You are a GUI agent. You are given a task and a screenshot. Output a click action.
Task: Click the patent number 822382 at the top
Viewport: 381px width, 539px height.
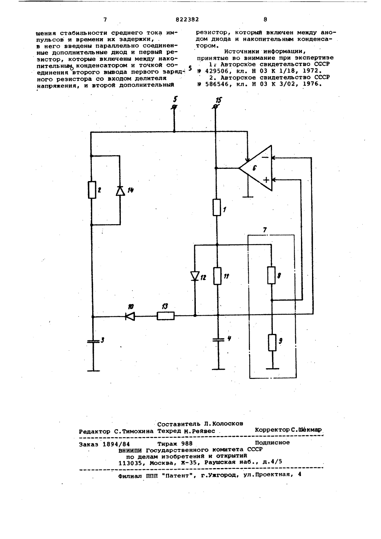point(187,19)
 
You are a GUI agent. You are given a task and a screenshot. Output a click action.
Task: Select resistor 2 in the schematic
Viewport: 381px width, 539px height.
point(92,189)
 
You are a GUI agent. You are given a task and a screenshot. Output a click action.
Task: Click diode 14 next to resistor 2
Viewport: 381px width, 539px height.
point(120,190)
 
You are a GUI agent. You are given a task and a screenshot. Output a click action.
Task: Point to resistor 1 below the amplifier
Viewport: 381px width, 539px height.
point(217,207)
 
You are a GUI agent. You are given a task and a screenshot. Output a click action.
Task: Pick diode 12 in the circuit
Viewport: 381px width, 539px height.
point(195,276)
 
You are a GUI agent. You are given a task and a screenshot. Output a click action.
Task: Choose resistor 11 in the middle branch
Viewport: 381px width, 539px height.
point(217,276)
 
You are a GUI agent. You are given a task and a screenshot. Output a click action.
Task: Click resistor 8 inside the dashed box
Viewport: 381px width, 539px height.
point(272,275)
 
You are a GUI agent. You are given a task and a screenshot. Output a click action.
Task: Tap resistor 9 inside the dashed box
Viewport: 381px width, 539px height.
point(272,342)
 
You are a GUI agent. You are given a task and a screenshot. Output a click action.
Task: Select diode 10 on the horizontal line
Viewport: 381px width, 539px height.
point(130,316)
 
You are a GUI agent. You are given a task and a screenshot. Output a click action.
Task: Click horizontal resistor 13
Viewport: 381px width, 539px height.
point(165,316)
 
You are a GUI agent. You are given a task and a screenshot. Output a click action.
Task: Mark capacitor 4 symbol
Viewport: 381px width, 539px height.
point(218,340)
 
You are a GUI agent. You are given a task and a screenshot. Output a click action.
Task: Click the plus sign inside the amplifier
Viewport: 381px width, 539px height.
point(266,180)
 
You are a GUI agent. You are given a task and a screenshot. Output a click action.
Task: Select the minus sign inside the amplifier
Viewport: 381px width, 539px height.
point(265,157)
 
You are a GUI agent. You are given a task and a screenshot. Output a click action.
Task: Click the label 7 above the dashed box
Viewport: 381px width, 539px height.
point(265,230)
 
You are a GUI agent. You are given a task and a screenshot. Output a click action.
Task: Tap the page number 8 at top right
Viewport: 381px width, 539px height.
point(265,19)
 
